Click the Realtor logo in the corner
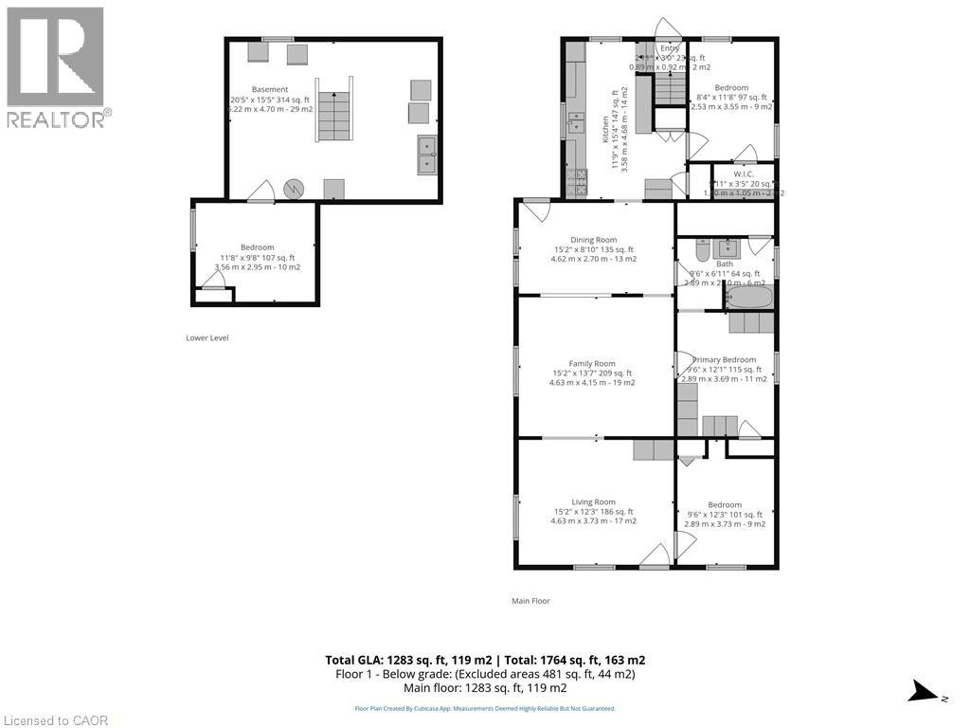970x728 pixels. [x=56, y=67]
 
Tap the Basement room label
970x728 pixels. [x=270, y=89]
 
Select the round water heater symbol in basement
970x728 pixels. [x=296, y=188]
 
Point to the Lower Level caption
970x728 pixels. [x=207, y=337]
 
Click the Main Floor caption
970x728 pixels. [x=530, y=600]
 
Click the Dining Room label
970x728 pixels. [x=593, y=240]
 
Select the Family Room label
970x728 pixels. [x=592, y=363]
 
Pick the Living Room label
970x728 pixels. [x=593, y=502]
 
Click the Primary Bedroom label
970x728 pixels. [x=725, y=360]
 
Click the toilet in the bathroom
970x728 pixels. [x=702, y=250]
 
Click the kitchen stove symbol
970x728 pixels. [x=576, y=178]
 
